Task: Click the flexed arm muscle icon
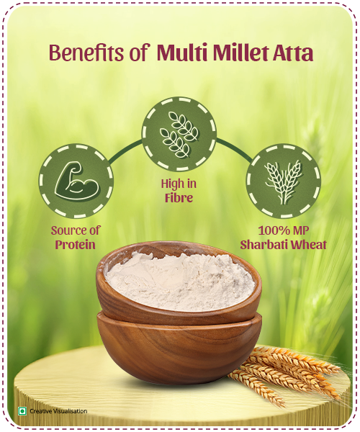76,181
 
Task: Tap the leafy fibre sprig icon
178,133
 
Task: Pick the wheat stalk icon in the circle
283,181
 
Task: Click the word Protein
76,245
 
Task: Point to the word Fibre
177,197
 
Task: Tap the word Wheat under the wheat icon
307,245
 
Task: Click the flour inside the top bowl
180,277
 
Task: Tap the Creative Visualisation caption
58,411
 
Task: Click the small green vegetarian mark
22,411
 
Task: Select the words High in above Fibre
177,184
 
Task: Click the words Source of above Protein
76,230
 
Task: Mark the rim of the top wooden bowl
180,249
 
